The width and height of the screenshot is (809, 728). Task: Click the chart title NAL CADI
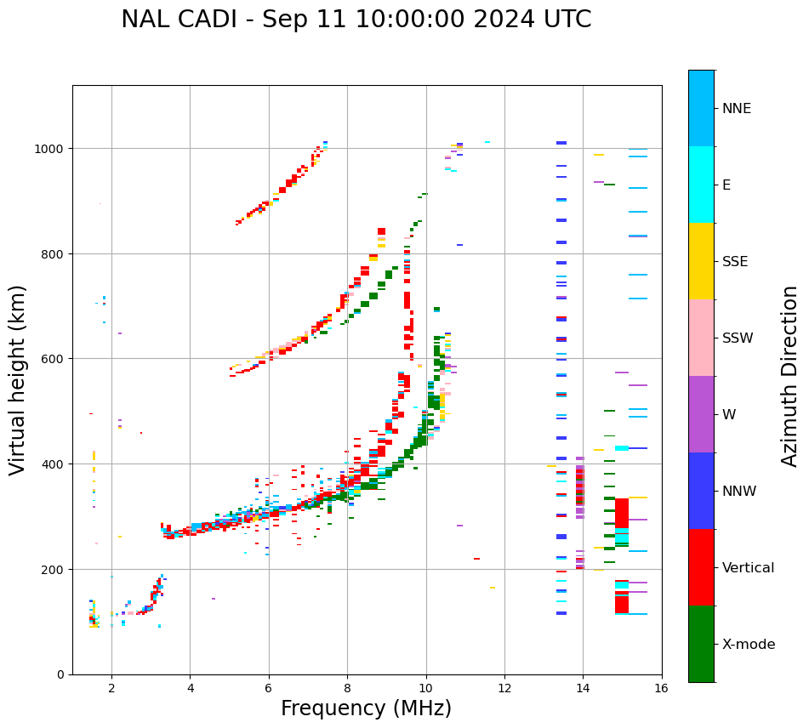pos(356,20)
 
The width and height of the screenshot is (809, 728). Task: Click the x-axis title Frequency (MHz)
pos(366,708)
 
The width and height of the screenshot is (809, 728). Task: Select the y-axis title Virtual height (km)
pos(19,379)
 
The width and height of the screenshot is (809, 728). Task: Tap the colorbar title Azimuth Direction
pos(789,376)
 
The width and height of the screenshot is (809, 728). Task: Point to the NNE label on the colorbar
pos(737,108)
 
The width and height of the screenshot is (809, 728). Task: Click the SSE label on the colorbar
pos(735,261)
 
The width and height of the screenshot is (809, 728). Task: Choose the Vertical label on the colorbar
pos(748,567)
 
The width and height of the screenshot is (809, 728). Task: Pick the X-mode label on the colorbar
pos(749,644)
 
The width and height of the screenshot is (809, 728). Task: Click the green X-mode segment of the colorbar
pos(701,644)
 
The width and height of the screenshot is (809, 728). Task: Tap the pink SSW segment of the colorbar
pos(701,338)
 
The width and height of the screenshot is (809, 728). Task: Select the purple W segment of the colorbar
pos(701,414)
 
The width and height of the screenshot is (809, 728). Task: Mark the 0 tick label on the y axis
pos(61,674)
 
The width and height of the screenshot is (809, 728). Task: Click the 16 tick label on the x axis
pos(662,690)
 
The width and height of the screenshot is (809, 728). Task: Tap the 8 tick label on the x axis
pos(347,690)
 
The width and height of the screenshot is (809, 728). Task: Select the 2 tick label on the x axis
pos(111,690)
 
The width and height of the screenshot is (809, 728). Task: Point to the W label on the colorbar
pos(729,414)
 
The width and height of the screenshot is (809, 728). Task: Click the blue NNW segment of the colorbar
pos(701,491)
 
